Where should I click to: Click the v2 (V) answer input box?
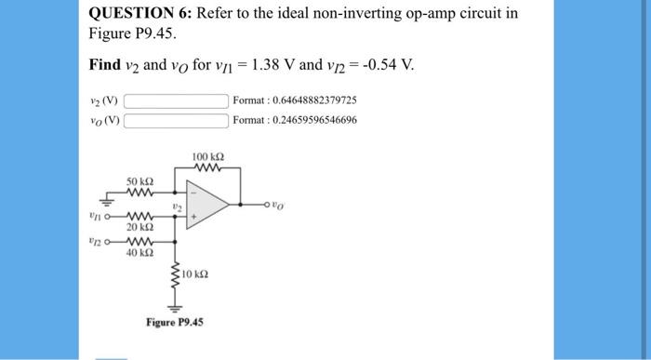tap(177, 100)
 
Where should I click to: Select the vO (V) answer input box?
tap(177, 120)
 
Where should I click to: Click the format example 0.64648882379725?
tap(295, 100)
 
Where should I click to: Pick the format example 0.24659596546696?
tap(295, 120)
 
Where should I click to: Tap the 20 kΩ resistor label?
tap(139, 227)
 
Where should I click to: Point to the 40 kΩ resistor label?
tap(139, 251)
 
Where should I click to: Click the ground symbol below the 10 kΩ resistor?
tap(174, 307)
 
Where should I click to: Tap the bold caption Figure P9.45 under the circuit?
tap(174, 322)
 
